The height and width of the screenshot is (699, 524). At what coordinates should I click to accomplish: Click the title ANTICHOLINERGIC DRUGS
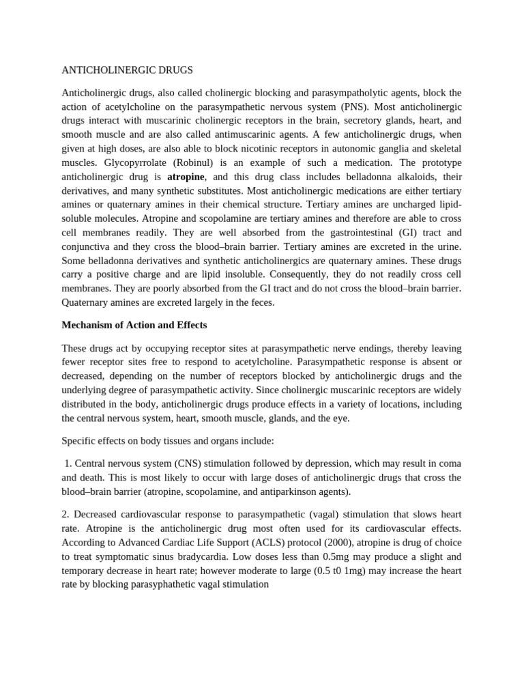[x=127, y=70]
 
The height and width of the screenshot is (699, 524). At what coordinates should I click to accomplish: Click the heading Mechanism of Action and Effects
[x=134, y=325]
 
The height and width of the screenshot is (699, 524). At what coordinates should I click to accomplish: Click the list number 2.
[x=65, y=514]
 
